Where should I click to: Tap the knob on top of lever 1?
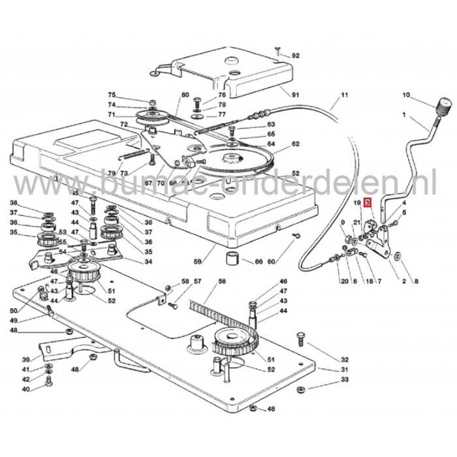click(x=445, y=105)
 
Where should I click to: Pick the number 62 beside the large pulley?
click(x=295, y=144)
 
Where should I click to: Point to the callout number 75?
click(x=111, y=95)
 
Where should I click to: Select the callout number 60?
click(x=271, y=262)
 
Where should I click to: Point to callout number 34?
click(x=149, y=262)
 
